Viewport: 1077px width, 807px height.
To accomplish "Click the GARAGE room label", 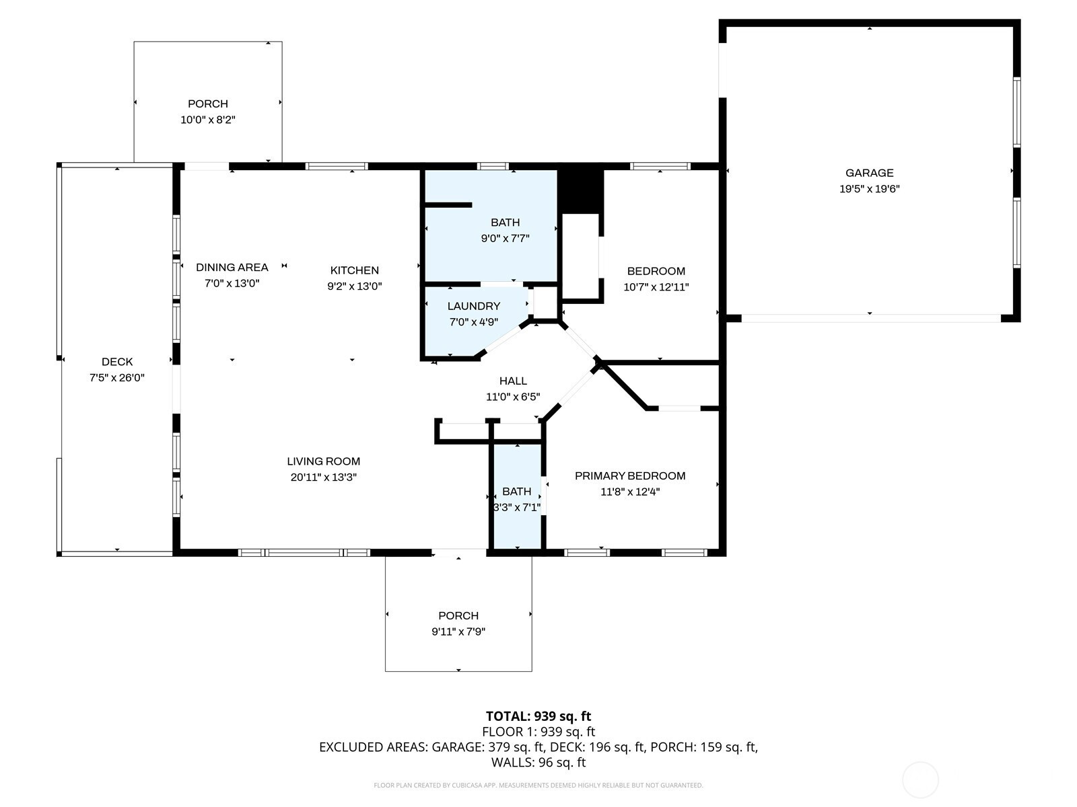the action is (x=869, y=173).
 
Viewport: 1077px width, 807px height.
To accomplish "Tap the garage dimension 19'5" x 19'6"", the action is (x=869, y=189).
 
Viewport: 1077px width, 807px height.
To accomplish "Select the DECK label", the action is (x=116, y=362).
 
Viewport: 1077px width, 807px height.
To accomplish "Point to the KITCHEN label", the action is (x=354, y=270).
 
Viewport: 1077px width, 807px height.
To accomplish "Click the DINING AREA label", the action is (x=232, y=267).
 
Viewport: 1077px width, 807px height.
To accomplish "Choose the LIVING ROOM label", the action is (x=323, y=461).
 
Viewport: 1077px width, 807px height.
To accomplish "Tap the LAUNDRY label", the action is (x=473, y=306).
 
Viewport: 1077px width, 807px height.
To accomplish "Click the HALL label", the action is (x=513, y=381).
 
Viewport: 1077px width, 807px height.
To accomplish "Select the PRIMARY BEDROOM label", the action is (x=630, y=475).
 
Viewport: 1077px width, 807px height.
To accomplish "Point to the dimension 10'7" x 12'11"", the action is (x=656, y=286).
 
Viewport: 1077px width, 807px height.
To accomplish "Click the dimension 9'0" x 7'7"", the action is (x=505, y=238).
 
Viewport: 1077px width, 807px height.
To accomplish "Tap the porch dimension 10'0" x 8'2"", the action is (x=207, y=120).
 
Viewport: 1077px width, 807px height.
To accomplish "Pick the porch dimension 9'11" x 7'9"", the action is (x=458, y=631).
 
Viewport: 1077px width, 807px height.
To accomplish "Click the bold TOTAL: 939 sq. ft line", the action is (x=538, y=716).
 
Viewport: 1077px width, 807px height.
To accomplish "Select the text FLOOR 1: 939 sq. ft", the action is (x=538, y=732).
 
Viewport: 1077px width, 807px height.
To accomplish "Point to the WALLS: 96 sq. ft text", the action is (x=538, y=762).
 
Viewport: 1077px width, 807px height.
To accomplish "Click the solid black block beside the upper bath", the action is (x=580, y=191).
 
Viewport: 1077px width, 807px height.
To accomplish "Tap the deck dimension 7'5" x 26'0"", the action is (x=116, y=377).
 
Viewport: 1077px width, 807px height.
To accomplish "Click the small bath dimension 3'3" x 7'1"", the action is (x=517, y=507).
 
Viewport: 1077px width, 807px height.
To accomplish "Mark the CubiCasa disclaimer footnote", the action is (x=538, y=785).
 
